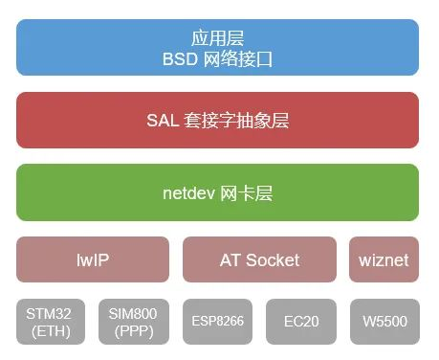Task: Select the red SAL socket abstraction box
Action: tap(218, 121)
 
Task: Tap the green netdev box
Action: tap(218, 192)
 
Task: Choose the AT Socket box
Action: tap(259, 259)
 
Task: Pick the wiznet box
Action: tap(384, 259)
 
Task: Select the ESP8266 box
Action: tap(217, 323)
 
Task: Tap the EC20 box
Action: tap(300, 323)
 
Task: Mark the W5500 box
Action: tap(383, 323)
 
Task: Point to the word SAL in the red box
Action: tap(163, 121)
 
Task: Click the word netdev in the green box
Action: tap(186, 192)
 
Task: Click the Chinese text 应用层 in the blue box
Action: tap(218, 38)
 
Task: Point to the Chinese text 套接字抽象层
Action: tap(235, 121)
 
